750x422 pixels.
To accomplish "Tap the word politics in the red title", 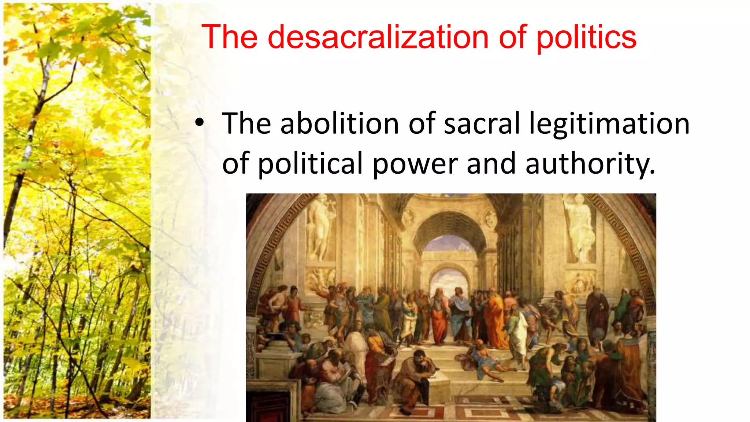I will click(x=586, y=38).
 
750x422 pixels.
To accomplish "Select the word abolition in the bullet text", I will click(x=339, y=123).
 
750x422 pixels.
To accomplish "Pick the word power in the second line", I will click(x=415, y=164).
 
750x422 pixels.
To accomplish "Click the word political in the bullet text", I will click(x=310, y=164).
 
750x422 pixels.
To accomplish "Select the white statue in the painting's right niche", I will click(x=580, y=227).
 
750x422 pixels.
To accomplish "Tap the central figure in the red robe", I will click(x=438, y=315).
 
